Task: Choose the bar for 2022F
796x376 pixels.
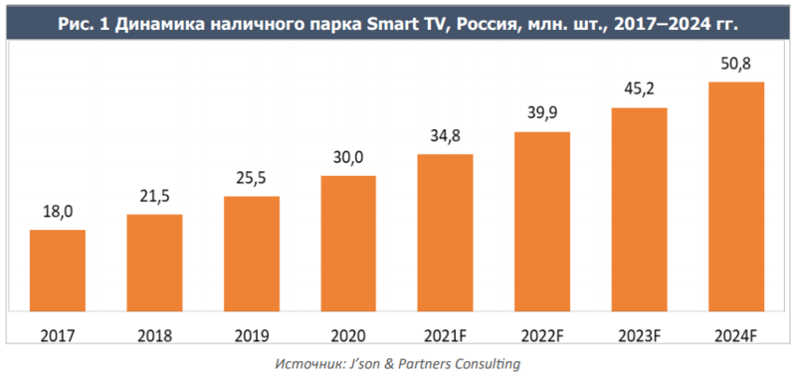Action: click(x=542, y=220)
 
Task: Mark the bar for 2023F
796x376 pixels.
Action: click(x=639, y=208)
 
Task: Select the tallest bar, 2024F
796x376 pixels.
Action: click(x=735, y=195)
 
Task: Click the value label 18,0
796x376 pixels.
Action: click(x=58, y=213)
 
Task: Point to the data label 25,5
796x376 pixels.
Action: click(x=251, y=179)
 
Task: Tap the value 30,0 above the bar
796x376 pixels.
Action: click(x=348, y=158)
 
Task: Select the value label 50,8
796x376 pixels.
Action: click(x=735, y=65)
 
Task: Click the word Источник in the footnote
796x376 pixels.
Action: click(x=313, y=363)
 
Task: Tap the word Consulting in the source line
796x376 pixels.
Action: click(x=483, y=363)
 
